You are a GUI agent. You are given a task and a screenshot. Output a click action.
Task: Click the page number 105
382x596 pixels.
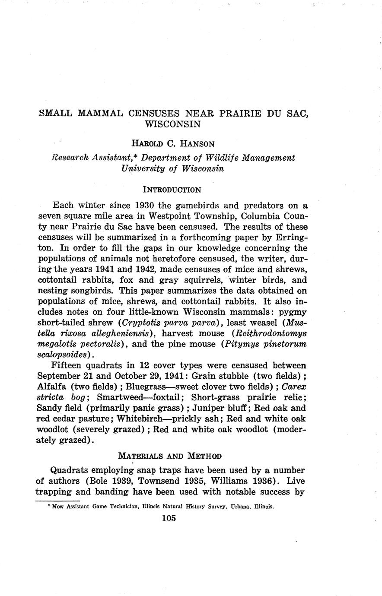coord(169,519)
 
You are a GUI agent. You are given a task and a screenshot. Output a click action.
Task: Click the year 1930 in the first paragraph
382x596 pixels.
coord(148,206)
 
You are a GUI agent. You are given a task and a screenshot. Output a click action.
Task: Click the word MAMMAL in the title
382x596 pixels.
coord(101,114)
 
